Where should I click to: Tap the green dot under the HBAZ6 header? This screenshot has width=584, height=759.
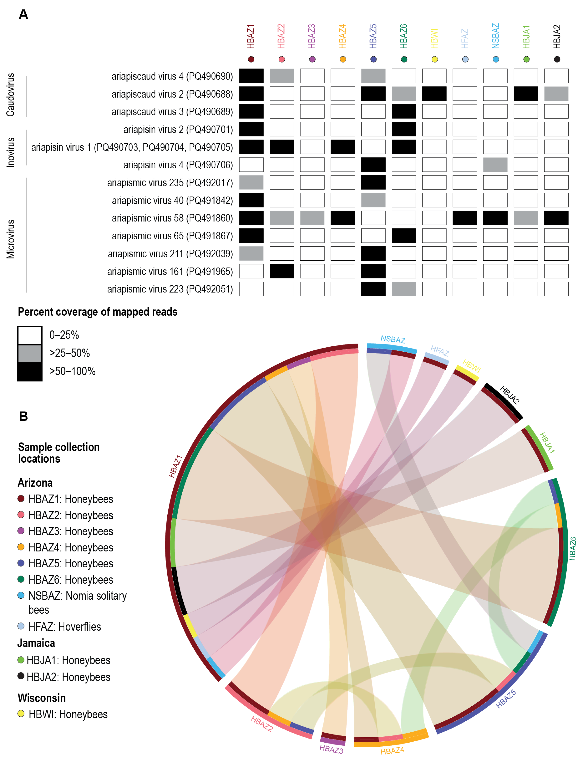coord(404,59)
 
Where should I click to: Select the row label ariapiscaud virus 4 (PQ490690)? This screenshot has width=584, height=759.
coord(172,76)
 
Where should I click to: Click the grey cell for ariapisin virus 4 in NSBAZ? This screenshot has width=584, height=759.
coord(495,165)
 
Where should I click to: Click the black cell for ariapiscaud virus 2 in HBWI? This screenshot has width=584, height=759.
coord(434,94)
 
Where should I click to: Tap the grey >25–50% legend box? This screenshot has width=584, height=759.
coord(30,353)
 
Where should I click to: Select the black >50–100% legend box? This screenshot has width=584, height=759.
coord(30,372)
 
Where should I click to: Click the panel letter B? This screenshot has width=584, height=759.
coord(23,416)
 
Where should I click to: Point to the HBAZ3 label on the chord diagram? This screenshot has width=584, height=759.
coord(331,750)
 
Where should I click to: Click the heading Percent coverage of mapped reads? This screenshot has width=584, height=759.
coord(98,312)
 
